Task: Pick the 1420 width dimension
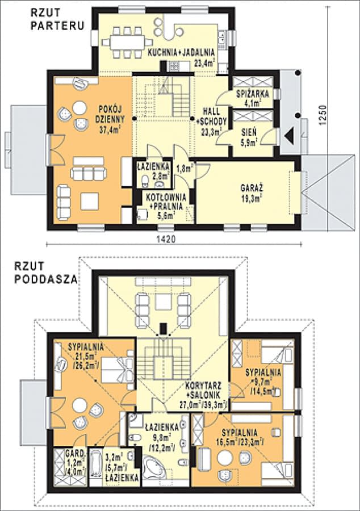click(166, 238)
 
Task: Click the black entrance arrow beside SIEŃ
click(290, 134)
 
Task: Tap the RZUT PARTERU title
click(57, 19)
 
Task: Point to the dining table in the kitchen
click(127, 42)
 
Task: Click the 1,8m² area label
click(185, 169)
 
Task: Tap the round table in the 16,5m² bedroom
click(225, 458)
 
